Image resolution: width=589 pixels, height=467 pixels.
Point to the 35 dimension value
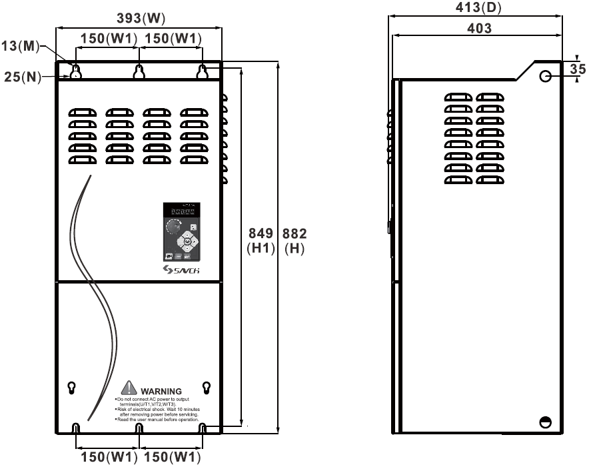pyautogui.click(x=577, y=69)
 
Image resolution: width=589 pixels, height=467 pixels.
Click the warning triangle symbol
pyautogui.click(x=128, y=389)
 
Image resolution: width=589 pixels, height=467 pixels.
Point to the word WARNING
pyautogui.click(x=161, y=391)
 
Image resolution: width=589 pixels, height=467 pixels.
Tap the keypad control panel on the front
pyautogui.click(x=181, y=231)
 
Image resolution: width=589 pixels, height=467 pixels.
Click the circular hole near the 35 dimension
pyautogui.click(x=546, y=77)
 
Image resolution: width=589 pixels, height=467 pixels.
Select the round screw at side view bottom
pyautogui.click(x=545, y=422)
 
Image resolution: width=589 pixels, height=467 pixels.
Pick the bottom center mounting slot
pyautogui.click(x=139, y=428)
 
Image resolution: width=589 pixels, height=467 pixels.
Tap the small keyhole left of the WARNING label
pyautogui.click(x=72, y=387)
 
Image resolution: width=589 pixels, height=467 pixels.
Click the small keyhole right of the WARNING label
pyautogui.click(x=206, y=387)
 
